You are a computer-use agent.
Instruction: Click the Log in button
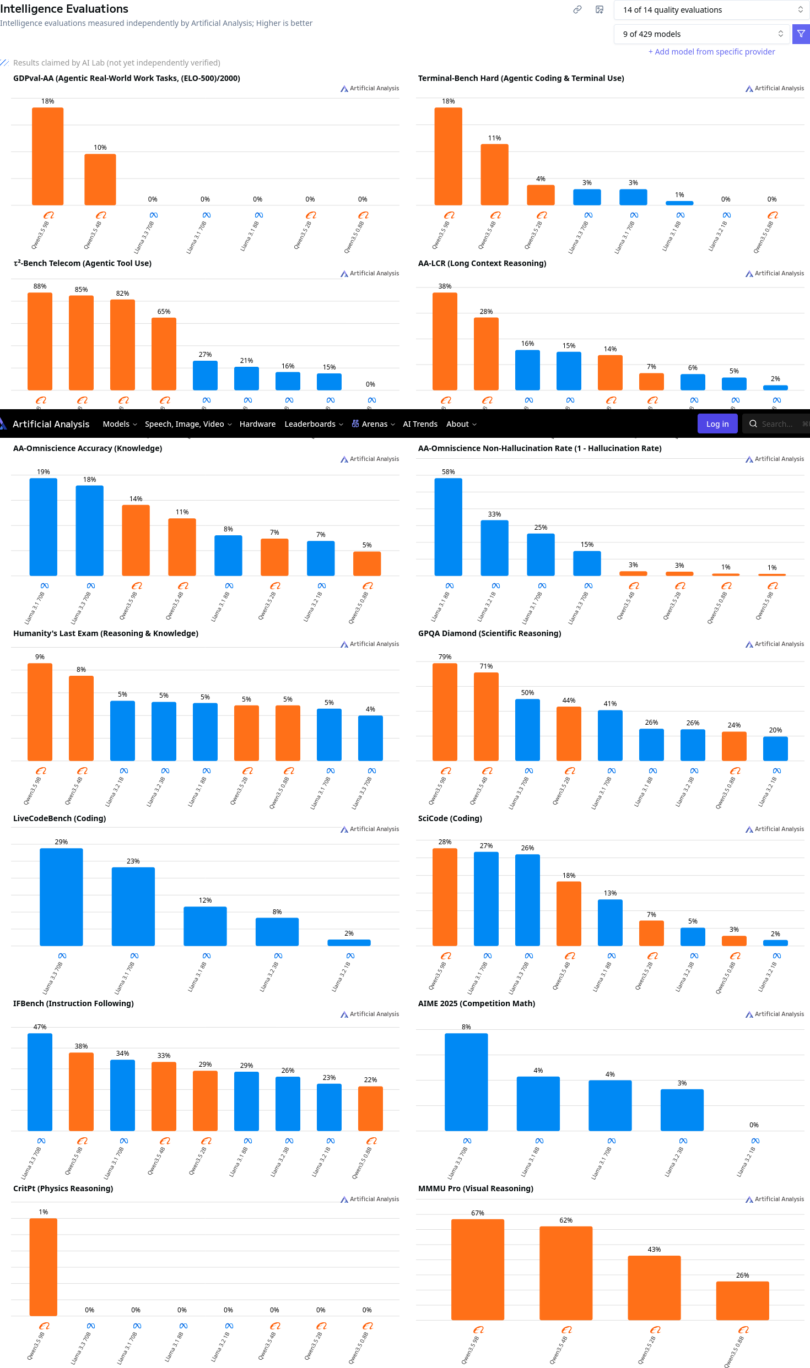(x=717, y=424)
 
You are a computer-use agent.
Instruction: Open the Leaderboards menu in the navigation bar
(x=314, y=424)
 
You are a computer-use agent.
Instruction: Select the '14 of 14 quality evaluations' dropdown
(x=711, y=10)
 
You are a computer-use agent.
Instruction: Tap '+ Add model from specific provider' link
(x=711, y=52)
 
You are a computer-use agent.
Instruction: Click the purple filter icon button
(x=801, y=34)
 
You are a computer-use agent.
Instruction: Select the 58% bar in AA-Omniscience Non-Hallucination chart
(x=448, y=526)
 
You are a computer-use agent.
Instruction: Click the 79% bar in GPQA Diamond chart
(x=445, y=712)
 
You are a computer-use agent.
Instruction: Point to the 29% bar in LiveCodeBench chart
(x=61, y=897)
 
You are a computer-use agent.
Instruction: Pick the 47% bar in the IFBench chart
(x=40, y=1082)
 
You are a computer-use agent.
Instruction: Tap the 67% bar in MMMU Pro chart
(x=477, y=1269)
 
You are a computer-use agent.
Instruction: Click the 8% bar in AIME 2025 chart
(x=466, y=1082)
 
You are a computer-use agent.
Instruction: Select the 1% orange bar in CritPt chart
(x=44, y=1267)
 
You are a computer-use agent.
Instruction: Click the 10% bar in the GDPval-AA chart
(x=100, y=180)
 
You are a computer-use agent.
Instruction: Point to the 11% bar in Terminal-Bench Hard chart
(x=494, y=175)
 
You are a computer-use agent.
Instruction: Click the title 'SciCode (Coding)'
(x=450, y=818)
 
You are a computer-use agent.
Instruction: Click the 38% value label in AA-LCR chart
(x=445, y=286)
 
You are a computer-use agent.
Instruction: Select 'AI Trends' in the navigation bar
(x=420, y=424)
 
